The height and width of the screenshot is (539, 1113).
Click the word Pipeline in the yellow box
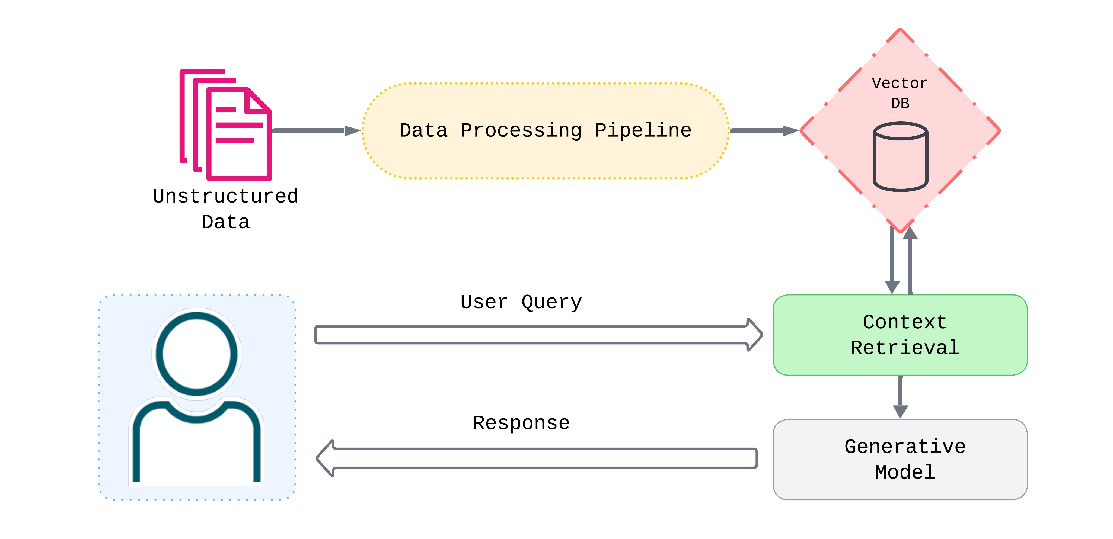click(x=643, y=130)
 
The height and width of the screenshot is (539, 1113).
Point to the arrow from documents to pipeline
click(x=315, y=130)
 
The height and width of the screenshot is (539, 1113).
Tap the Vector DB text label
click(x=900, y=92)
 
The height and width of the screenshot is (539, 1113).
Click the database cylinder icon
click(x=900, y=156)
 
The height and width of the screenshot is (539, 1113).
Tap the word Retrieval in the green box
click(x=905, y=348)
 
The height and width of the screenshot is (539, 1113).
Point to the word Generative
click(x=905, y=447)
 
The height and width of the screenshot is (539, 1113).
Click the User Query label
click(x=521, y=302)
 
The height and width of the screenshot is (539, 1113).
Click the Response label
click(x=521, y=423)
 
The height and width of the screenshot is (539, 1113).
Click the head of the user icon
click(x=197, y=353)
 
